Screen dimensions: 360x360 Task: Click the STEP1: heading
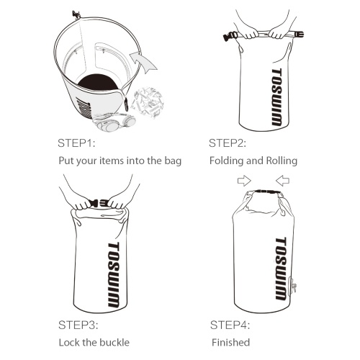pos(76,143)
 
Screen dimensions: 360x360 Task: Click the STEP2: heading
pos(228,143)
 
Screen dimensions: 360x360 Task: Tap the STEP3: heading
pos(78,325)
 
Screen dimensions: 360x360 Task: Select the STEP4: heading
pos(230,325)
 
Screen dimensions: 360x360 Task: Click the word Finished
pos(231,342)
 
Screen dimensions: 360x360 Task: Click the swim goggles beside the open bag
pos(114,122)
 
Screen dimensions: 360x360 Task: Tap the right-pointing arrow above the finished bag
pos(244,181)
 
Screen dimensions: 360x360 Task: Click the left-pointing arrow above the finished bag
pos(282,181)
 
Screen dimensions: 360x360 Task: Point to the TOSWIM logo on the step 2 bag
pos(276,97)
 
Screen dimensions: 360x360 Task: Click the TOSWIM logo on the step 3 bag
pos(114,275)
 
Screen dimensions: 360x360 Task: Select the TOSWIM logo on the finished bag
pos(281,269)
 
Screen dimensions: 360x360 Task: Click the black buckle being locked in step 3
pos(99,204)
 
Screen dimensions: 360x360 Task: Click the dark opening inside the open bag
pos(98,82)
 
